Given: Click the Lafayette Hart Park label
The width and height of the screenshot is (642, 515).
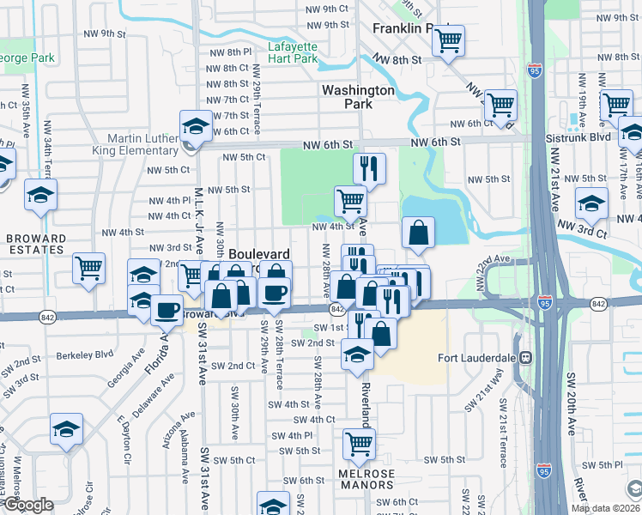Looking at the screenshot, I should coord(292,52).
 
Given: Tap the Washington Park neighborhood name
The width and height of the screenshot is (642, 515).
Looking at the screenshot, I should coord(358,96).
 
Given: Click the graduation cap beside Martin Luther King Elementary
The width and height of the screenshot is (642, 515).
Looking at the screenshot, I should coord(197,127).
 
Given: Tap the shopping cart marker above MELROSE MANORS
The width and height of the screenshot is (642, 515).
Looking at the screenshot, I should coord(359,444).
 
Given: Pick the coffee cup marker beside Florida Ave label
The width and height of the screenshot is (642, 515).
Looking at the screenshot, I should coord(167,310).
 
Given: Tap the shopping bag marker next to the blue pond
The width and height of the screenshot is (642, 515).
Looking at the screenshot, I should coord(418,233).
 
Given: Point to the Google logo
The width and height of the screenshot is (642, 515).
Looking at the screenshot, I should coord(27,506).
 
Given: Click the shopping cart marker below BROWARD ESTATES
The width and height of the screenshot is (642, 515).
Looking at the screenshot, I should coord(88,269).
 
